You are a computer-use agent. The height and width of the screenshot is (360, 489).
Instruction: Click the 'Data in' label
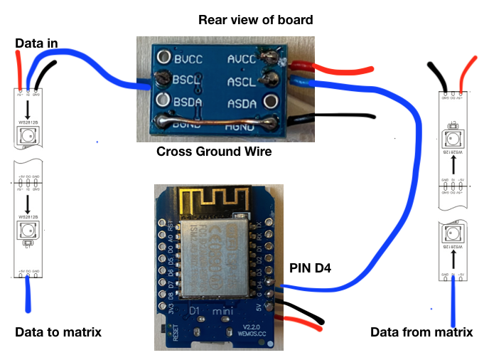pos(38,44)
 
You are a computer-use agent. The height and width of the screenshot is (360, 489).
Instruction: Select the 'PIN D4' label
pos(311,268)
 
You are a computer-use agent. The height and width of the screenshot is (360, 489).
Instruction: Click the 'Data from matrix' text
pos(421,332)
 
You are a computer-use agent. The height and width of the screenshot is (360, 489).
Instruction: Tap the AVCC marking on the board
pos(245,58)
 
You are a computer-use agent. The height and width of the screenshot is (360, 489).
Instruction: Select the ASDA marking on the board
pos(245,103)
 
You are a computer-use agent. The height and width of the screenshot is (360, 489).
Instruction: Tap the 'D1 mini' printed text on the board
pos(205,311)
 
